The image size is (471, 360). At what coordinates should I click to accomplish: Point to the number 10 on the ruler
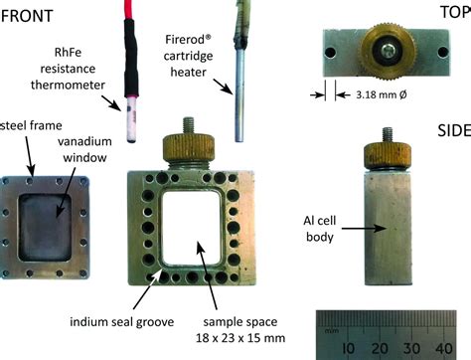tap(349, 348)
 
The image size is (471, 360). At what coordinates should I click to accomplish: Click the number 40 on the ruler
tap(442, 348)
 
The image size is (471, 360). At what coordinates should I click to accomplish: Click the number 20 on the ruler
tap(380, 348)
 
